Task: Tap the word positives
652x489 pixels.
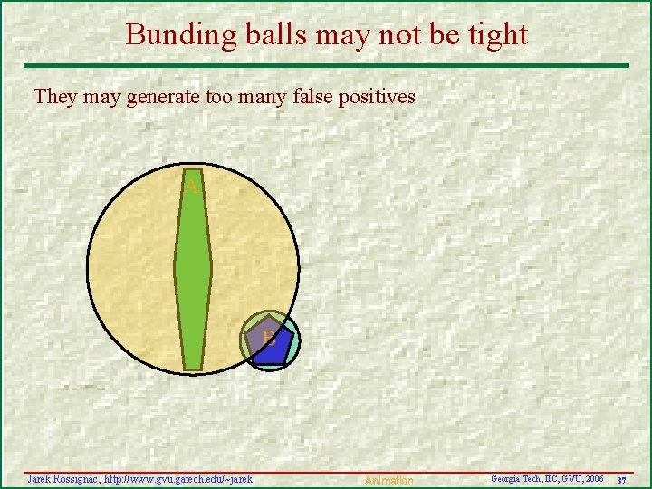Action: [x=377, y=97]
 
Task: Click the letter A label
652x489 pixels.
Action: [x=191, y=187]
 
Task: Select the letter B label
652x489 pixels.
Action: [x=269, y=340]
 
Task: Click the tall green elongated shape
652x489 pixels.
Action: [x=193, y=272]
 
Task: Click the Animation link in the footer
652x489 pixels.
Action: [x=388, y=481]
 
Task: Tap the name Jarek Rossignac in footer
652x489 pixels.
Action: [x=62, y=478]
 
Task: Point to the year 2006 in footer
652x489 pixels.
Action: [x=594, y=478]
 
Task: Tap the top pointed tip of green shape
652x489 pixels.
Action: [x=193, y=172]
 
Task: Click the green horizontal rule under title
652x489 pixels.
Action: [x=326, y=65]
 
